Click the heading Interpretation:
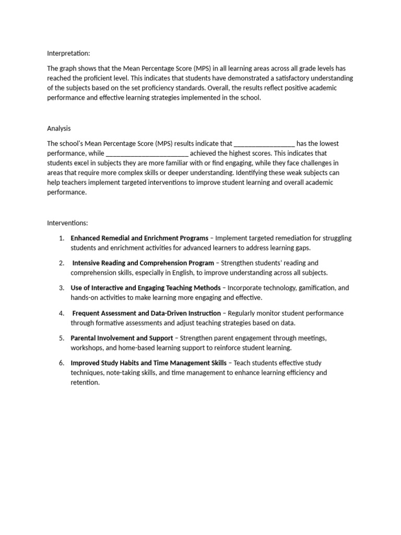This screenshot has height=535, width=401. pyautogui.click(x=68, y=53)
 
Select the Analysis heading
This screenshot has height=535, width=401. pyautogui.click(x=59, y=128)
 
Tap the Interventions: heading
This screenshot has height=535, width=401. pyautogui.click(x=68, y=223)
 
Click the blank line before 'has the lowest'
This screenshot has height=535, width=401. pyautogui.click(x=264, y=143)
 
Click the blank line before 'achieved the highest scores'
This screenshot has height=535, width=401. pyautogui.click(x=147, y=153)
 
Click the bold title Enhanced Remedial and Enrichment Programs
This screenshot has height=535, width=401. pyautogui.click(x=139, y=238)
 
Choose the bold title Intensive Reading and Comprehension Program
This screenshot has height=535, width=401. pyautogui.click(x=143, y=263)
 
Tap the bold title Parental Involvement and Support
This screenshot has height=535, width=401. pyautogui.click(x=122, y=338)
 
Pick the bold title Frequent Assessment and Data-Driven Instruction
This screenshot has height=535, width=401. pyautogui.click(x=147, y=313)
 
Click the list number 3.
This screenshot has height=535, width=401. pyautogui.click(x=62, y=288)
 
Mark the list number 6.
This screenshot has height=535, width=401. pyautogui.click(x=62, y=363)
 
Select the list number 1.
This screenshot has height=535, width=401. pyautogui.click(x=62, y=238)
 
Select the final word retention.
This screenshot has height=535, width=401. pyautogui.click(x=85, y=382)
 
